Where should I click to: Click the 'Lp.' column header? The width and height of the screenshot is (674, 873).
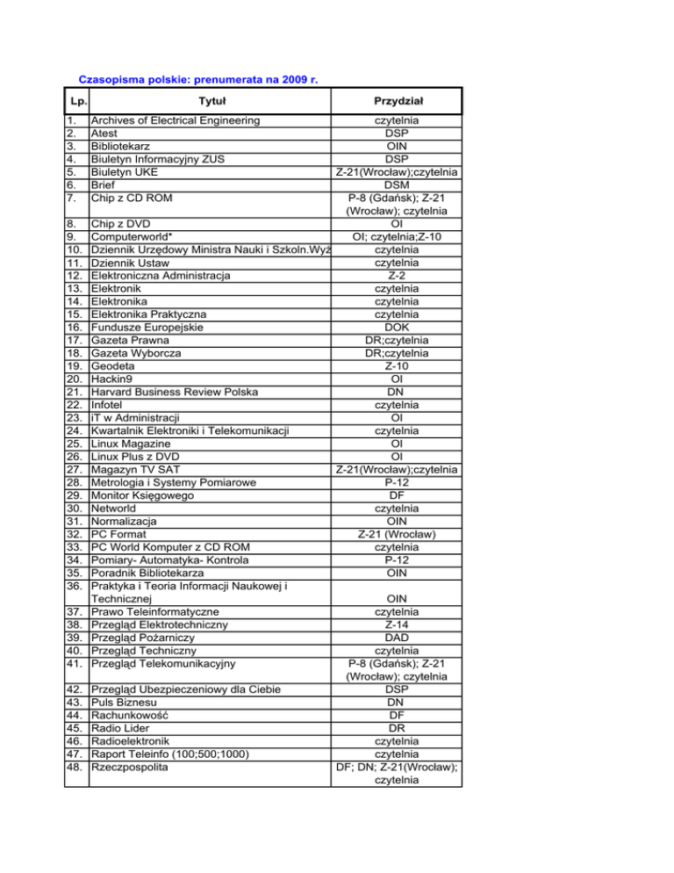[79, 102]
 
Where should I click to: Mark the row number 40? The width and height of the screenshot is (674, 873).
[77, 651]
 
